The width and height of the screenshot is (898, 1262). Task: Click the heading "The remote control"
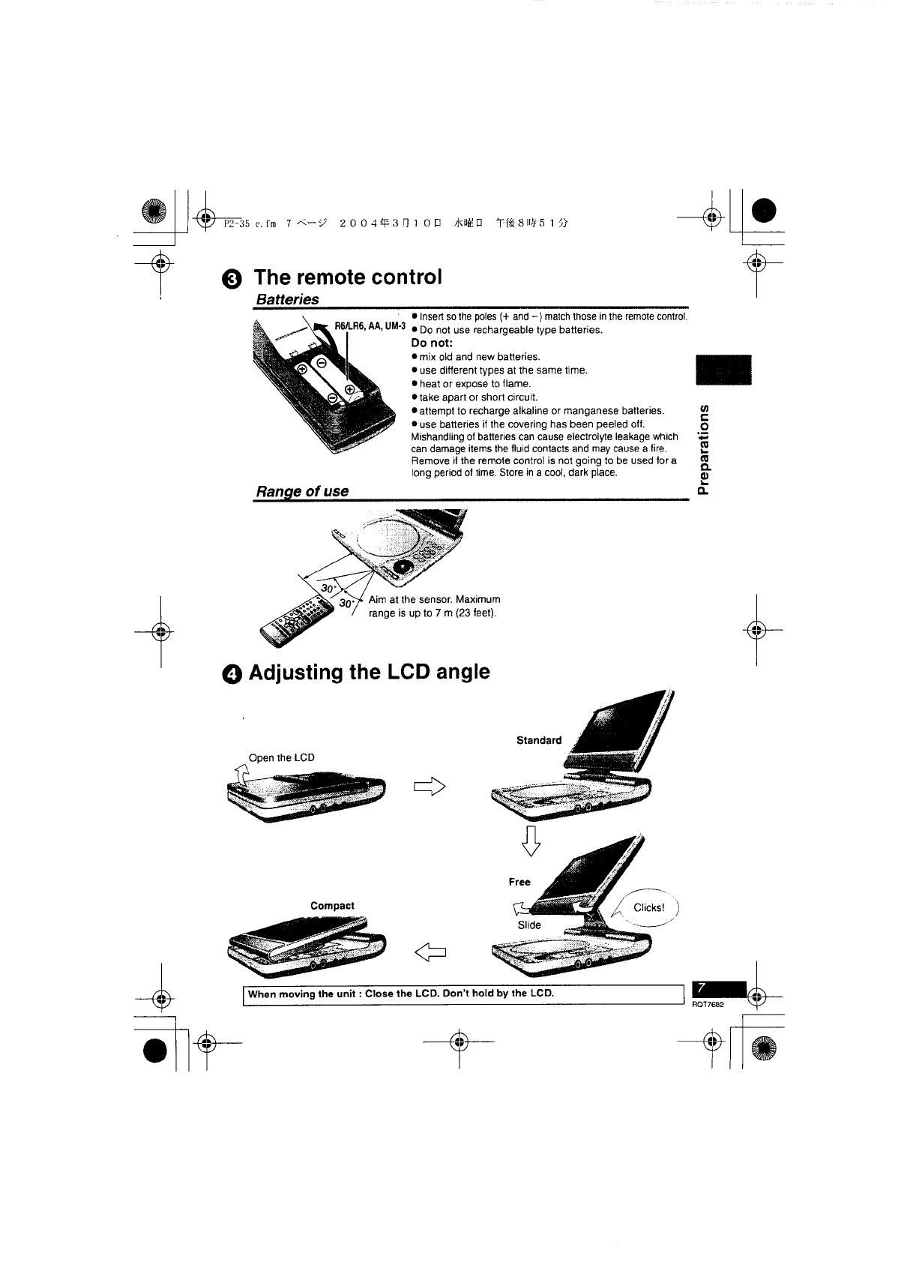[348, 277]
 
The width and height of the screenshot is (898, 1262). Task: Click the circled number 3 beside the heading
[232, 278]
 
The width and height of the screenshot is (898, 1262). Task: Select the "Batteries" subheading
[287, 299]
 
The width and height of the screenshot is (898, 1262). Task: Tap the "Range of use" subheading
[301, 491]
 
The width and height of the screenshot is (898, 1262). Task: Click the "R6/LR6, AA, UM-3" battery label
[370, 326]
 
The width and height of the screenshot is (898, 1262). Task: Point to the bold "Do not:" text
[432, 343]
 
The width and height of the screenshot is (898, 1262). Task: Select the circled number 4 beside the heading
[232, 673]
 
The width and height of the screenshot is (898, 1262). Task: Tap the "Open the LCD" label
[281, 757]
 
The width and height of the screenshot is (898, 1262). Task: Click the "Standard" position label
[538, 740]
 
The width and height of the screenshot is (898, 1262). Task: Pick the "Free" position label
[519, 882]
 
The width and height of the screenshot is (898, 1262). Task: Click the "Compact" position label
[332, 905]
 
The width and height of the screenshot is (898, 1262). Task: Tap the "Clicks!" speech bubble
[648, 907]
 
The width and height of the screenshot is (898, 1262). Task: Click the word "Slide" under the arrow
[529, 925]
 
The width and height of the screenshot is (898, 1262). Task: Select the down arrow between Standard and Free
[531, 841]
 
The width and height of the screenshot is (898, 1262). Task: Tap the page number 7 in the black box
[701, 988]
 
